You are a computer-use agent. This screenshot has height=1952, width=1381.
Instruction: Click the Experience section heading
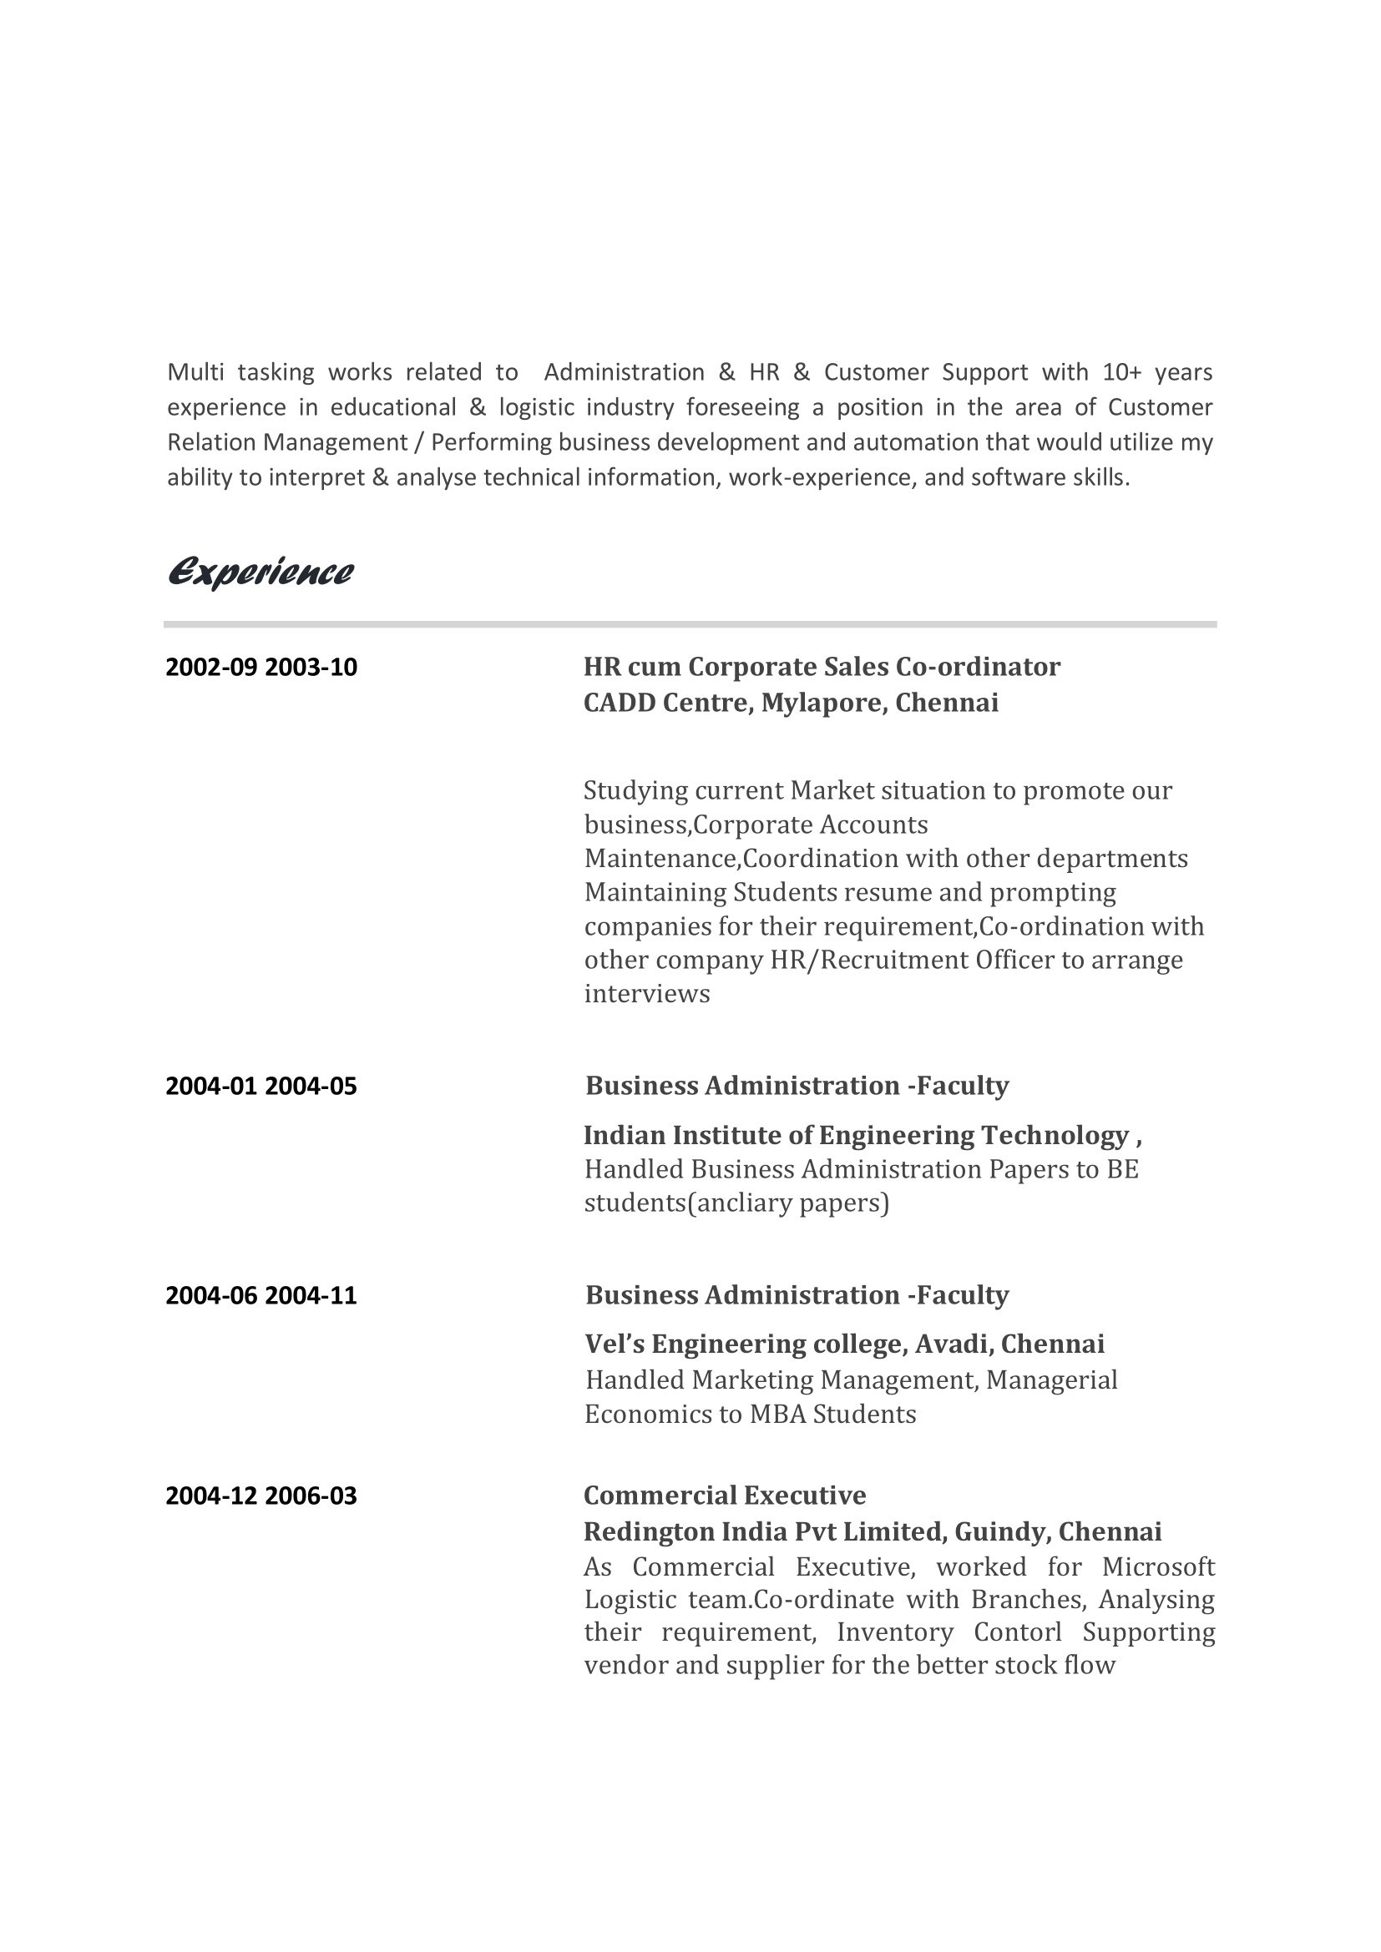pyautogui.click(x=261, y=572)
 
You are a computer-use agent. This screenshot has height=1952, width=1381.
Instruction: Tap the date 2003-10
pyautogui.click(x=311, y=668)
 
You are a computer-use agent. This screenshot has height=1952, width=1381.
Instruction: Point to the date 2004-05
pyautogui.click(x=311, y=1087)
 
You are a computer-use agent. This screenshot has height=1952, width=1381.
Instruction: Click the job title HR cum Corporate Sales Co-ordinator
pyautogui.click(x=822, y=667)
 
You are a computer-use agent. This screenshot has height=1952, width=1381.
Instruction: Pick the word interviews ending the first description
pyautogui.click(x=646, y=994)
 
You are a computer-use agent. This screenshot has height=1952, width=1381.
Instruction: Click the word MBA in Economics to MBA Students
pyautogui.click(x=776, y=1414)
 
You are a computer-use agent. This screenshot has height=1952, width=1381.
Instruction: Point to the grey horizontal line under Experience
pyautogui.click(x=690, y=625)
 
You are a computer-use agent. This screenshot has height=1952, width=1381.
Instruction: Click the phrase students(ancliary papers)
pyautogui.click(x=736, y=1203)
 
